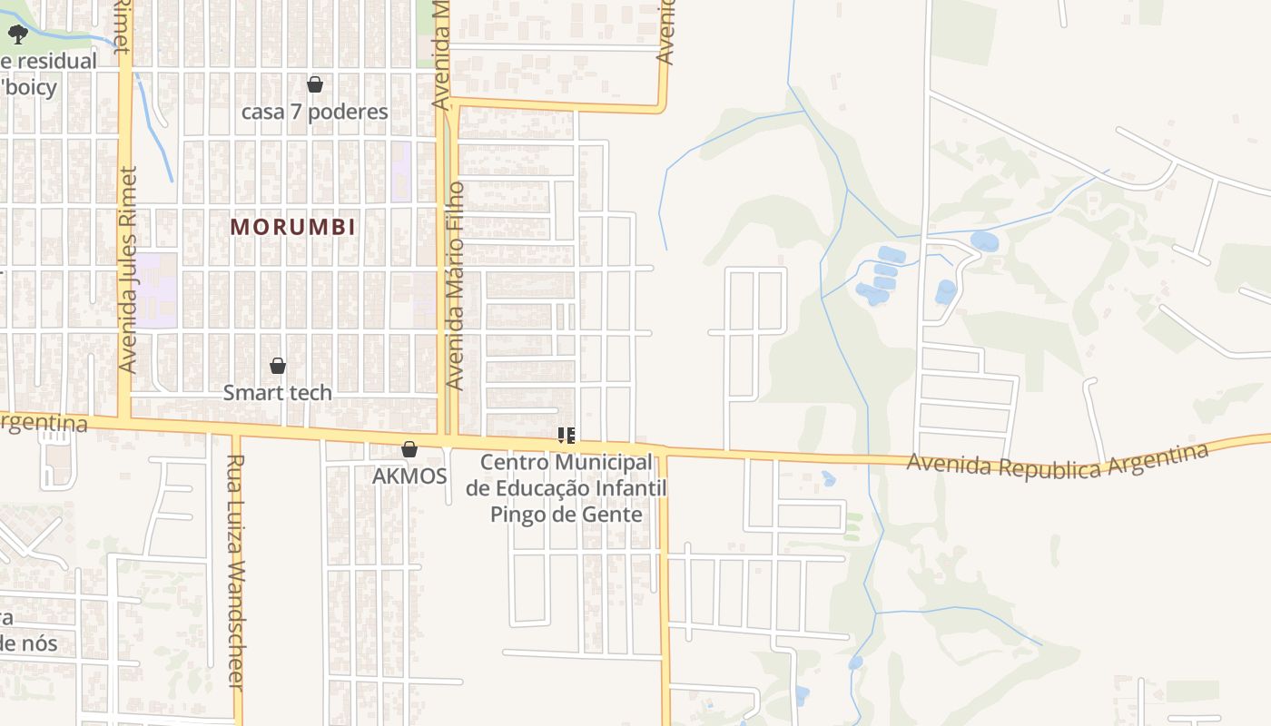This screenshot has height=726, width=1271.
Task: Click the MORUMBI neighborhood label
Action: coord(292,227)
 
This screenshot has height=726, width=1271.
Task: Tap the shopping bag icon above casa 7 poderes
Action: coord(315,85)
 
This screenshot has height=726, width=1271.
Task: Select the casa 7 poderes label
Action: coord(315,112)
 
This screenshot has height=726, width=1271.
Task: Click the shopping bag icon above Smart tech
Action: coord(278,366)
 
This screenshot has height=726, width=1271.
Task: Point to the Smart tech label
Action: coord(278,393)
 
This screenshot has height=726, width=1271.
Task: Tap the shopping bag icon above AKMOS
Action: coord(409,449)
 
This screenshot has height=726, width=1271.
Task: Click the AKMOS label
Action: coord(409,476)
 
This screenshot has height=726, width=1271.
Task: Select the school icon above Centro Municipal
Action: coord(567,437)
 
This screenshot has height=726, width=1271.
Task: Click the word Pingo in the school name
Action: coord(520,515)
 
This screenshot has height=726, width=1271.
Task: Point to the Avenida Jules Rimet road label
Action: coord(127,270)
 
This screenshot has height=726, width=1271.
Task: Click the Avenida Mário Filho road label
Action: coord(456,286)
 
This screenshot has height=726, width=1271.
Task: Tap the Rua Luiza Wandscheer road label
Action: coord(236,572)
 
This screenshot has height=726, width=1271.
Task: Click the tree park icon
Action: coord(17,35)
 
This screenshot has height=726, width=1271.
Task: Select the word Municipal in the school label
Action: coord(605,463)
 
